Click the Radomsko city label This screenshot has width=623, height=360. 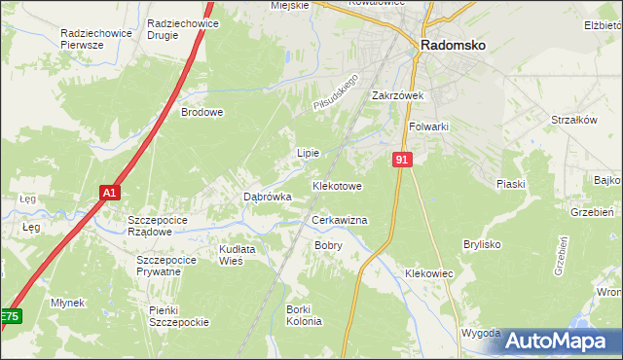click(x=453, y=44)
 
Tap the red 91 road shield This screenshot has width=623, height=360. click(x=402, y=159)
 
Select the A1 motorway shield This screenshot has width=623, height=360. click(x=109, y=193)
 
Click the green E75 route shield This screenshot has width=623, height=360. click(x=9, y=317)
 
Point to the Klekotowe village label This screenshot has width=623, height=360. click(x=337, y=185)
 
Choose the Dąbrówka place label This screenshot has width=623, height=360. click(x=268, y=197)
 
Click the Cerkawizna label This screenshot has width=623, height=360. click(x=339, y=221)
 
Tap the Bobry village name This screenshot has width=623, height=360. click(x=328, y=245)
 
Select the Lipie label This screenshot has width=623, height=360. click(x=308, y=153)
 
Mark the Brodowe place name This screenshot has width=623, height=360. click(x=202, y=112)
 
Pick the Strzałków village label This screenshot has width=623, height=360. click(x=573, y=120)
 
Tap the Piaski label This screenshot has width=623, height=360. click(x=510, y=184)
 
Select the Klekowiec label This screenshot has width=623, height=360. click(x=429, y=274)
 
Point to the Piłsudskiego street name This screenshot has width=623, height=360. click(x=337, y=90)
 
